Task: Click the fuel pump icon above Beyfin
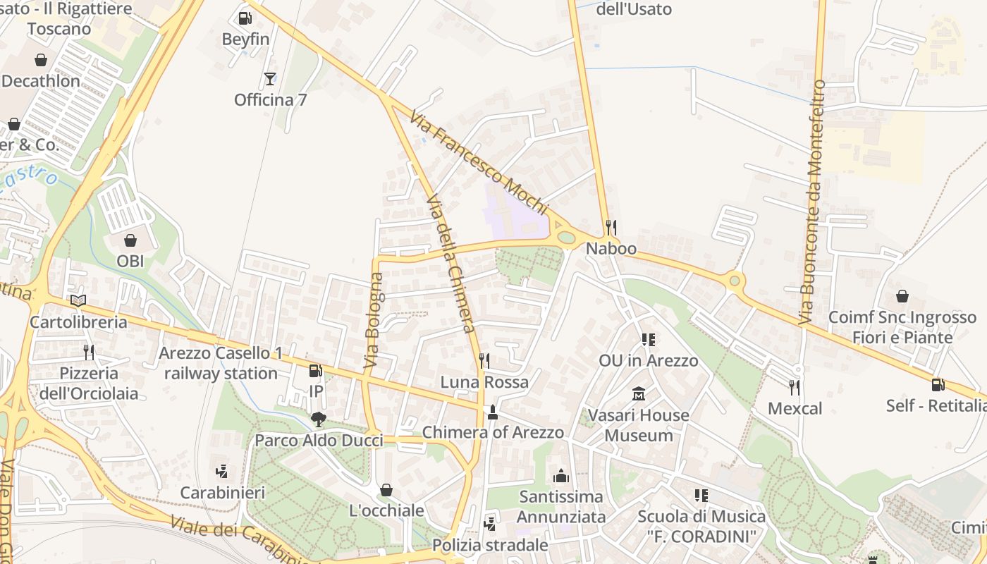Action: [245, 18]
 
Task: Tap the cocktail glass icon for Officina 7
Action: [270, 78]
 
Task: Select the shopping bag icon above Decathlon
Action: [41, 60]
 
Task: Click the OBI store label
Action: [130, 261]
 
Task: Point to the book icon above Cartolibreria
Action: [78, 301]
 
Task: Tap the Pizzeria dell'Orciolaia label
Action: [89, 383]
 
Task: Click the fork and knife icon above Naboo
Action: [611, 227]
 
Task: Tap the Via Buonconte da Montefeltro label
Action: [812, 202]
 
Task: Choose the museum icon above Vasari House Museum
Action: [639, 393]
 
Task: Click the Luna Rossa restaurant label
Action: [484, 382]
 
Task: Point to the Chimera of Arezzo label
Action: [493, 432]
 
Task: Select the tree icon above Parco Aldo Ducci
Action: [319, 419]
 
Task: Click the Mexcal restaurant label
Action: [795, 408]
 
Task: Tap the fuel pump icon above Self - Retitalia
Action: [938, 384]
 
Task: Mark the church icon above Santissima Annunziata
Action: [561, 476]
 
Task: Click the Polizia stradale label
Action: [490, 545]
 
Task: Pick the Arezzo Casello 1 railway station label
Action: [221, 363]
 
